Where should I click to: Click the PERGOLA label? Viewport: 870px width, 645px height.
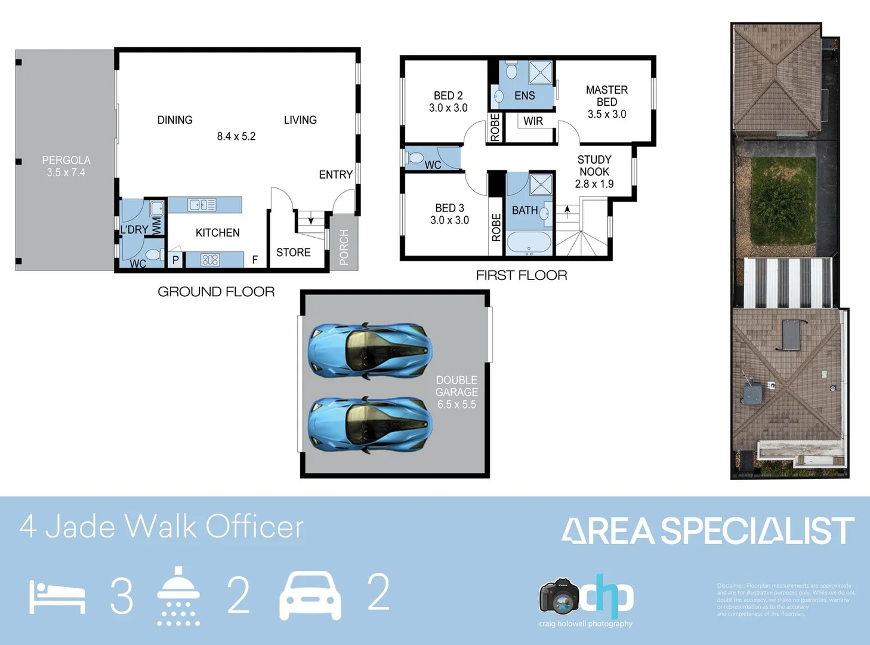[66, 161]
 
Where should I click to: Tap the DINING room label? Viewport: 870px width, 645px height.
[175, 120]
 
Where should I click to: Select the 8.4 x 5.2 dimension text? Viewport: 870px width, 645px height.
[236, 137]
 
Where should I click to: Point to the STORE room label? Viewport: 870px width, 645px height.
[293, 253]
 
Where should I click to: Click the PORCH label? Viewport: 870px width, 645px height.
[344, 247]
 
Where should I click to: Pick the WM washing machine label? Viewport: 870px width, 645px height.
[156, 226]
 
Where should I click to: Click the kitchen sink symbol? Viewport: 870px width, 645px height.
[202, 205]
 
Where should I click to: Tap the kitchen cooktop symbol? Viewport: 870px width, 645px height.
[210, 260]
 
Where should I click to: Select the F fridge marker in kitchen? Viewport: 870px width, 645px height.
[255, 260]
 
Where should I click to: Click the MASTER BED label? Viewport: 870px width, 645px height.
[607, 96]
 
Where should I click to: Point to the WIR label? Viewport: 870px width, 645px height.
[533, 121]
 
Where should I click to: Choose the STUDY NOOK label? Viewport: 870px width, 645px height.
[594, 165]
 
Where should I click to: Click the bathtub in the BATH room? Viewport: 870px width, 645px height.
[529, 243]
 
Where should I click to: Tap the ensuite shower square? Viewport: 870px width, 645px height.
[541, 73]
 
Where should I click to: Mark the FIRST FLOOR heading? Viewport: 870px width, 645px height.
[522, 275]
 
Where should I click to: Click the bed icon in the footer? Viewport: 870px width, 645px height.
[57, 597]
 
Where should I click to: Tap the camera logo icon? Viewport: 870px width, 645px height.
[559, 596]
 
